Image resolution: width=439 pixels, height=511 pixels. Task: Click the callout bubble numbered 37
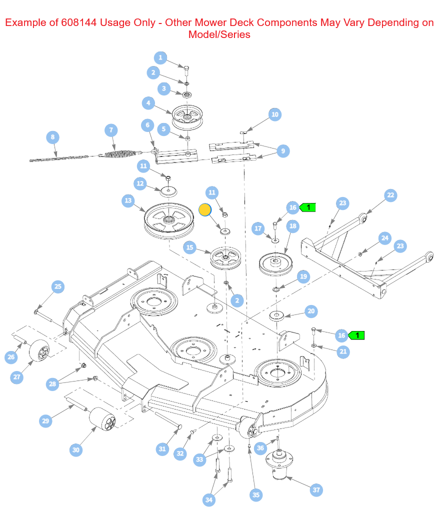(316, 490)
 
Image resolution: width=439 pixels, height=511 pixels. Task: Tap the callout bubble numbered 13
(128, 201)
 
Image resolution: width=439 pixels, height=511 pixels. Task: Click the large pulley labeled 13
(168, 220)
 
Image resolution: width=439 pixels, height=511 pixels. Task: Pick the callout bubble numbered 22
(390, 195)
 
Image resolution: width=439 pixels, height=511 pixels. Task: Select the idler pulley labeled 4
(187, 116)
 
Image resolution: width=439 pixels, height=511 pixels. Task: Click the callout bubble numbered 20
(311, 311)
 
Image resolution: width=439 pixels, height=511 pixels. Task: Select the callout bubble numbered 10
(274, 115)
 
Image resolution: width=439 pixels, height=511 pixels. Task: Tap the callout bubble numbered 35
(256, 495)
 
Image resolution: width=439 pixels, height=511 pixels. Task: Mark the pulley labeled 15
(225, 257)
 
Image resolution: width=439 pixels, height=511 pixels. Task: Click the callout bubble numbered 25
(58, 286)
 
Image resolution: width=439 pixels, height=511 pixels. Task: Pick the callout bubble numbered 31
(162, 449)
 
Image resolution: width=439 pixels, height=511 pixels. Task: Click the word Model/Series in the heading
(219, 35)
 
